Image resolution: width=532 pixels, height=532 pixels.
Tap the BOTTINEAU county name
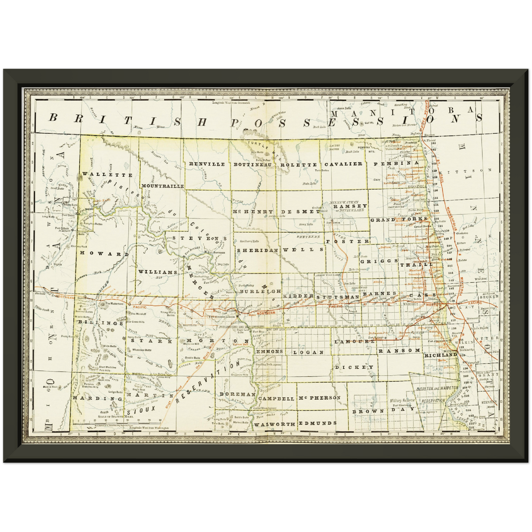click(253, 165)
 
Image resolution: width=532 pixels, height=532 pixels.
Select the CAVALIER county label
click(343, 164)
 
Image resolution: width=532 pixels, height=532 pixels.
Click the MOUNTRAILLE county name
click(162, 186)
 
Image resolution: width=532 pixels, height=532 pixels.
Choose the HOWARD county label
click(105, 254)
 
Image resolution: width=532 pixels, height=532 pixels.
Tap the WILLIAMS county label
click(158, 272)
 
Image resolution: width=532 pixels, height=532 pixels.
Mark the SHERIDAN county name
click(257, 250)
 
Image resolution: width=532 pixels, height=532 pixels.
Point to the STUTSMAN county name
click(338, 297)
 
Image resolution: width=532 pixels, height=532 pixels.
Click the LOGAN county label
click(305, 352)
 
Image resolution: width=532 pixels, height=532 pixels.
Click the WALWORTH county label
click(274, 424)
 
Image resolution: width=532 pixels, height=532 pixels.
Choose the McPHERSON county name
click(320, 398)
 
